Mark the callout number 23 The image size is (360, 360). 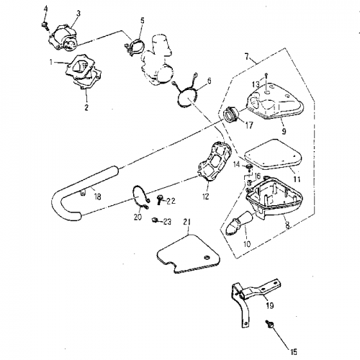(167, 222)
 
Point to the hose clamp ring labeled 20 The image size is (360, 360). (141, 197)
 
